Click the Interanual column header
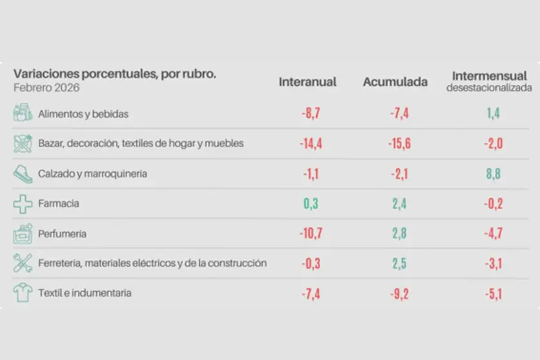(x=308, y=82)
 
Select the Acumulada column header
(x=395, y=82)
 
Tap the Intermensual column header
(x=490, y=75)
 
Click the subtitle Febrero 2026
(x=46, y=88)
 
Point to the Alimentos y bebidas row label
(x=83, y=114)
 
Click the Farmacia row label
(x=59, y=204)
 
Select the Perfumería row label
(x=62, y=234)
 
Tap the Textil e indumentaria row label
(x=85, y=293)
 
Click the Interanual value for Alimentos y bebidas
(x=310, y=114)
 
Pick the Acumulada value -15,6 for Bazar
(x=399, y=143)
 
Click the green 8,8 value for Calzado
(x=493, y=174)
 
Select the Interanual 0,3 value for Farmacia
(x=310, y=204)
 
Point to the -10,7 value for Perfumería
(x=310, y=234)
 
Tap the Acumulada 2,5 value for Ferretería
(x=399, y=263)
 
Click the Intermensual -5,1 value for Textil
(x=493, y=294)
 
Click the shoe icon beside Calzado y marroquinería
(x=23, y=174)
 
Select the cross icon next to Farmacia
(x=23, y=204)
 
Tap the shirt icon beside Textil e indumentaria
(x=23, y=293)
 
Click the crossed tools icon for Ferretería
(x=23, y=263)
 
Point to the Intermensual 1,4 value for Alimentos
(x=493, y=114)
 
